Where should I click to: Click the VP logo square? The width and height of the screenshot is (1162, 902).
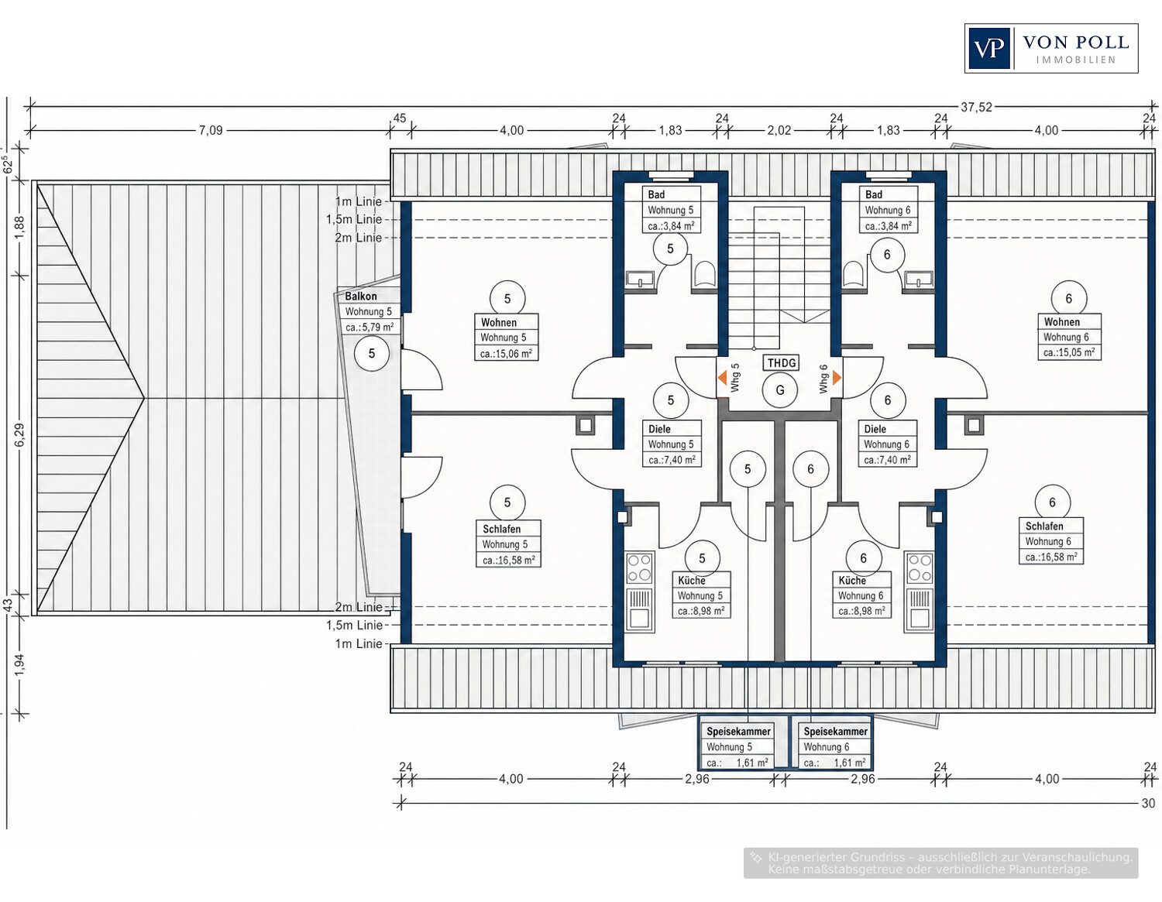[x=989, y=49]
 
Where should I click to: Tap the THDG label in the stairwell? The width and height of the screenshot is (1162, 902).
[x=782, y=363]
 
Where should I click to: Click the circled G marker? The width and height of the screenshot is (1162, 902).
[x=780, y=390]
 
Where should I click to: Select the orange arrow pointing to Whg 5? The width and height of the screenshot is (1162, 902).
[x=722, y=379]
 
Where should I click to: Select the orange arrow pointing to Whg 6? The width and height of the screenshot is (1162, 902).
[x=837, y=378]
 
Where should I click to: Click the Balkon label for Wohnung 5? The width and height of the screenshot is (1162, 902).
[x=360, y=296]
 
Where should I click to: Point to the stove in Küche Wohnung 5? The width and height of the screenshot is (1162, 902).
[x=640, y=568]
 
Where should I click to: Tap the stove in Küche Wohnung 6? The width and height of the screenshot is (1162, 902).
[x=920, y=568]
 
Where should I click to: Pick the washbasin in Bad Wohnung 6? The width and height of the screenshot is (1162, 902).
[x=919, y=280]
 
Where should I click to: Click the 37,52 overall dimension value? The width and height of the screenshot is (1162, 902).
[x=976, y=108]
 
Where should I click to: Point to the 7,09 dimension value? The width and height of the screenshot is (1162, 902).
[x=211, y=130]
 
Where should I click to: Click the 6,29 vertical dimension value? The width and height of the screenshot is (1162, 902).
[x=20, y=435]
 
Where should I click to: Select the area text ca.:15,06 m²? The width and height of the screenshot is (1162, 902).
[x=506, y=353]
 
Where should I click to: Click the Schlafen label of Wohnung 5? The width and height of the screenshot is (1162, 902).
[x=501, y=529]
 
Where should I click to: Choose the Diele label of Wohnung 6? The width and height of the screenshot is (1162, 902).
[x=875, y=429]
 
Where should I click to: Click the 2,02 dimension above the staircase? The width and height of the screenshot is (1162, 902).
[x=779, y=130]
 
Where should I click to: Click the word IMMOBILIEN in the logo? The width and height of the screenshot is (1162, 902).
[x=1076, y=60]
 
